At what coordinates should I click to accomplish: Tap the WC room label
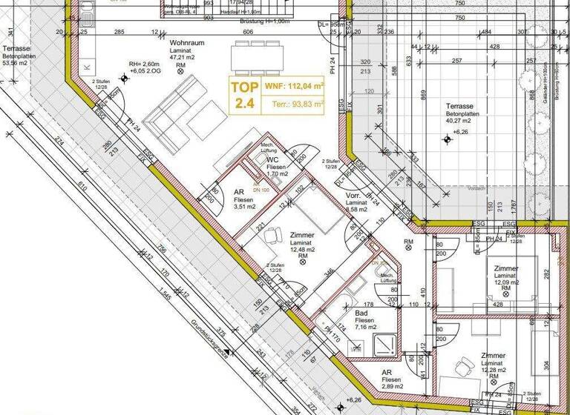point(272,159)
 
